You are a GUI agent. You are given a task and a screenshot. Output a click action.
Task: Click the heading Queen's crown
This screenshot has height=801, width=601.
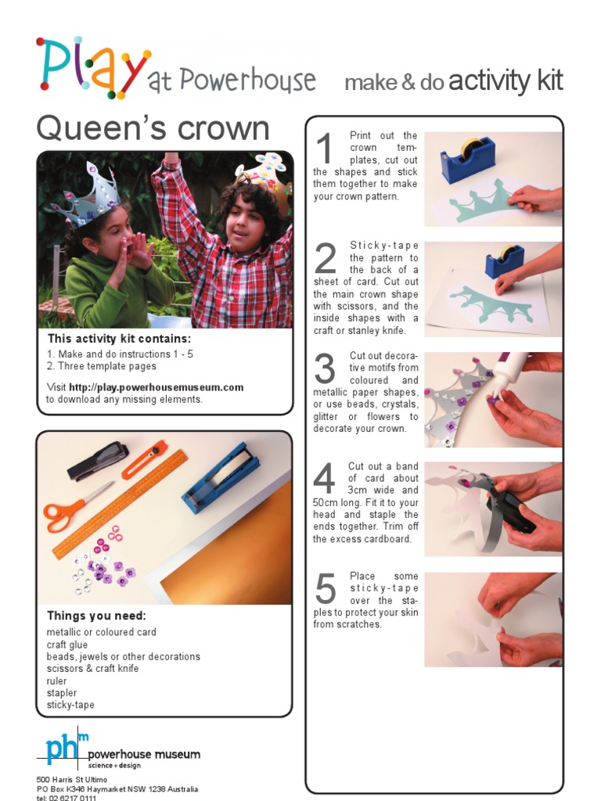(153, 129)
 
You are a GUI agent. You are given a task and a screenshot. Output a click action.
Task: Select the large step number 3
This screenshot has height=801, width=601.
(325, 368)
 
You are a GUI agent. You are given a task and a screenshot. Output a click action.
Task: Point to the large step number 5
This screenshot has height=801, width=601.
(325, 588)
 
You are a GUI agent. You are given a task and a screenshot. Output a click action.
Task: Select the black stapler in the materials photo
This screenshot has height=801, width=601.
(98, 462)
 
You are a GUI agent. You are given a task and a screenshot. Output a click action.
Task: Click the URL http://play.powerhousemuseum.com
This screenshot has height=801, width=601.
(156, 387)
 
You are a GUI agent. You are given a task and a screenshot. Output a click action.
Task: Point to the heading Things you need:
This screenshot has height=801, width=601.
(96, 616)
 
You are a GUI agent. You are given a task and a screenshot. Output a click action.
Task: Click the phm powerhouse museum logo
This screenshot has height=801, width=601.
(117, 751)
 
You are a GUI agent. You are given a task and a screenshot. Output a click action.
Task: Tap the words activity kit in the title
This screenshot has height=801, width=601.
(506, 81)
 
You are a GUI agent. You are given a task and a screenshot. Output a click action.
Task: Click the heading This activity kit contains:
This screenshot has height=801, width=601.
(119, 339)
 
